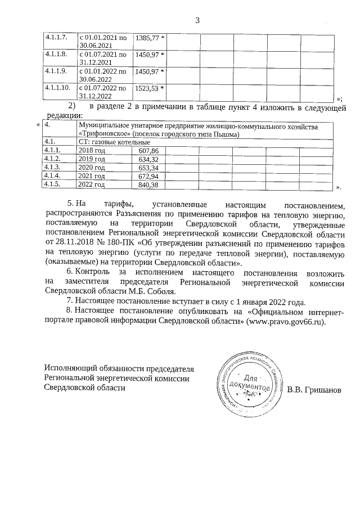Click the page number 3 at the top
point(197,21)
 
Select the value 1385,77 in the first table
point(147,37)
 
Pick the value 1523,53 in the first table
point(147,88)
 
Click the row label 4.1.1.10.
point(57,88)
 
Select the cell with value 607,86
point(148,151)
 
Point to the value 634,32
point(148,159)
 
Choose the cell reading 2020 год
point(92,168)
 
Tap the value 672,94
point(148,176)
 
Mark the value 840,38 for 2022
point(148,184)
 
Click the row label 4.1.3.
point(52,168)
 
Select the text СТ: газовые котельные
point(110,142)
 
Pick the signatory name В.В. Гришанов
point(313,390)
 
